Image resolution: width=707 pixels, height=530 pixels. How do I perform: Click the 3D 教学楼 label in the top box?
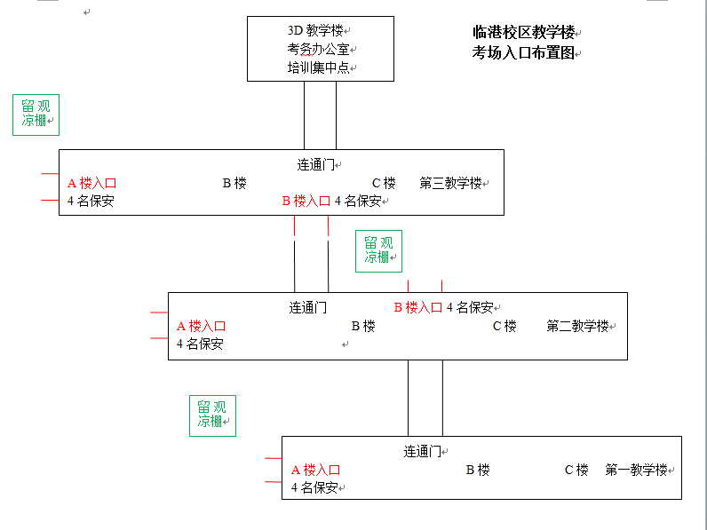[315, 31]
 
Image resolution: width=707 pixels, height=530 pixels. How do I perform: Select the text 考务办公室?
[318, 49]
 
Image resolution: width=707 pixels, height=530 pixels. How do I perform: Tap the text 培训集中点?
[318, 67]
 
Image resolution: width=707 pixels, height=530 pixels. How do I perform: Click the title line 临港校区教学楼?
[523, 33]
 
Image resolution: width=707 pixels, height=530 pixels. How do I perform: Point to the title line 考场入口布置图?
[523, 52]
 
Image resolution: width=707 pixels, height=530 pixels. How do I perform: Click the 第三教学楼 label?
[450, 183]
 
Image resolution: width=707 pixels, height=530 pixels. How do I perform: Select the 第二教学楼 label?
[577, 326]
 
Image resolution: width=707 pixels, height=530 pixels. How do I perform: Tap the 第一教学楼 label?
[636, 470]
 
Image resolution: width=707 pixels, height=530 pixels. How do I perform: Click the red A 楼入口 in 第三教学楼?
[92, 184]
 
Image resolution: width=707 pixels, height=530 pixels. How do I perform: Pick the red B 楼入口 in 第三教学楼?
[306, 201]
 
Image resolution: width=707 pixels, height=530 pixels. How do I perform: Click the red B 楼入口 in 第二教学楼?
[418, 308]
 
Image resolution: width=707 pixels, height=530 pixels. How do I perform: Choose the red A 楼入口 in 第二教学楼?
[201, 326]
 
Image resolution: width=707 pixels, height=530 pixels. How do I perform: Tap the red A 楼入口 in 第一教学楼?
[315, 470]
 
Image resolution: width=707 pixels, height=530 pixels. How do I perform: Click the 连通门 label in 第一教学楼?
[422, 451]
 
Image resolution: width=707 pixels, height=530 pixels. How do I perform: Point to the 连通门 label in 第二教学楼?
[308, 308]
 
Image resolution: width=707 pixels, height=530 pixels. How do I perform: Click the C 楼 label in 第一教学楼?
[576, 470]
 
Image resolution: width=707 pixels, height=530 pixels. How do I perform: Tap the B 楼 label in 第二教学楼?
[363, 326]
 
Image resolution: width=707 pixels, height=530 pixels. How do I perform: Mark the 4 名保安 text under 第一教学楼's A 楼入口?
[314, 487]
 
